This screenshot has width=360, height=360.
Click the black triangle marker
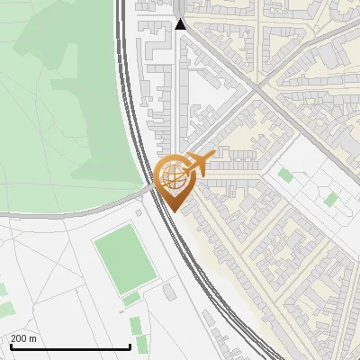180,23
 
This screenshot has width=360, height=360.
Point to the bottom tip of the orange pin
173,212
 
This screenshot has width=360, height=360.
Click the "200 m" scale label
24,337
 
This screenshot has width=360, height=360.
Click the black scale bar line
69,346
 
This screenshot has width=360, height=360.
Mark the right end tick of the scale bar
130,345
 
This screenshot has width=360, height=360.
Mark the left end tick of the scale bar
10,345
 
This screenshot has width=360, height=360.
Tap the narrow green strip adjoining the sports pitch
131,298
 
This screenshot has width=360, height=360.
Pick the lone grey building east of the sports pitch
169,292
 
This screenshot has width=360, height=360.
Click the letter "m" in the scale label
32,337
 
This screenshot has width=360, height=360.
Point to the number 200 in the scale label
19,337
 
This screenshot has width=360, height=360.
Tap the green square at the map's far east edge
331,198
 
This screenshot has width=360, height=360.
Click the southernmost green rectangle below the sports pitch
136,325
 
